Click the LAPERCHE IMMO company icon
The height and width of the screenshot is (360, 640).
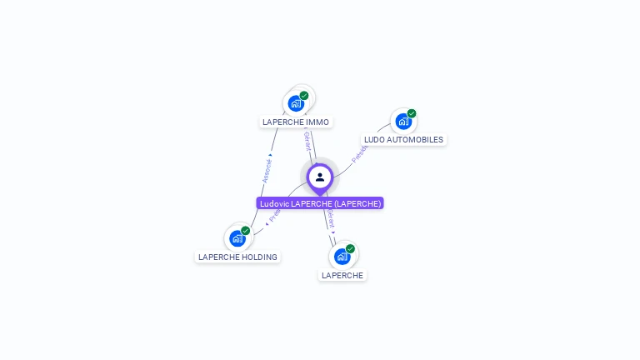(x=295, y=103)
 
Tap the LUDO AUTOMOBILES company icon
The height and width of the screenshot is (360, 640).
(x=403, y=122)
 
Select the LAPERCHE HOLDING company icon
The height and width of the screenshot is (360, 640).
(x=237, y=238)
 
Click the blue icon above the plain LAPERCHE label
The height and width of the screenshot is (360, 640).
(x=342, y=256)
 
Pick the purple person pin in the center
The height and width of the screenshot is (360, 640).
(x=320, y=177)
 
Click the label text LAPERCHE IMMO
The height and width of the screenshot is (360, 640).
(x=296, y=122)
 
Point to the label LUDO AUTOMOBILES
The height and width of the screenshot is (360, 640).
(x=404, y=140)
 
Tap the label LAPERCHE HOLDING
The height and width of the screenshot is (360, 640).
(x=237, y=257)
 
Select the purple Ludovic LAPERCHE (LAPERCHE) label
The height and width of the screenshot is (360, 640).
(x=320, y=203)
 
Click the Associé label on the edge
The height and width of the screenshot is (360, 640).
(x=267, y=169)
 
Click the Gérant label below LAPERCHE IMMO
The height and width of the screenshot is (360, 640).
(x=307, y=142)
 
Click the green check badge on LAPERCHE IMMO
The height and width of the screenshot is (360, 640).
(x=304, y=96)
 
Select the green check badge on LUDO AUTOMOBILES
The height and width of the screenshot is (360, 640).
(x=412, y=113)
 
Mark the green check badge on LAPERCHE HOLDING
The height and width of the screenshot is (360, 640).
(x=245, y=231)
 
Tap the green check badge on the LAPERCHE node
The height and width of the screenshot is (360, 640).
(x=350, y=248)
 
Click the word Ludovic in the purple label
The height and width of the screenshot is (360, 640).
(x=274, y=203)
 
